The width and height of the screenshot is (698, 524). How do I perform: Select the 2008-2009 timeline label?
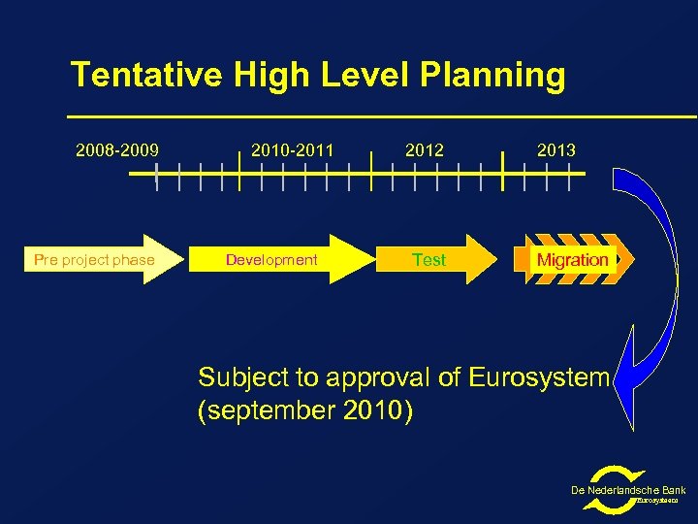[x=118, y=150]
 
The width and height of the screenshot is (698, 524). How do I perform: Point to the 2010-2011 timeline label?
[x=292, y=150]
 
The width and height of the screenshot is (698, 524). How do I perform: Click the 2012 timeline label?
[x=425, y=150]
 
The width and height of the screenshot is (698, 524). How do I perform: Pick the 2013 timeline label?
[x=556, y=150]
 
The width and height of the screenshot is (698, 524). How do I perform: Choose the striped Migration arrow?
[x=578, y=259]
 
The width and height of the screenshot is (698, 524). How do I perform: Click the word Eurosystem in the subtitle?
[x=539, y=377]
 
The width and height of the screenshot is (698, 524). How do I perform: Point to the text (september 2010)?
[x=305, y=411]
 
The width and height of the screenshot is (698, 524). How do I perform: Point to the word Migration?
[x=572, y=259]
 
